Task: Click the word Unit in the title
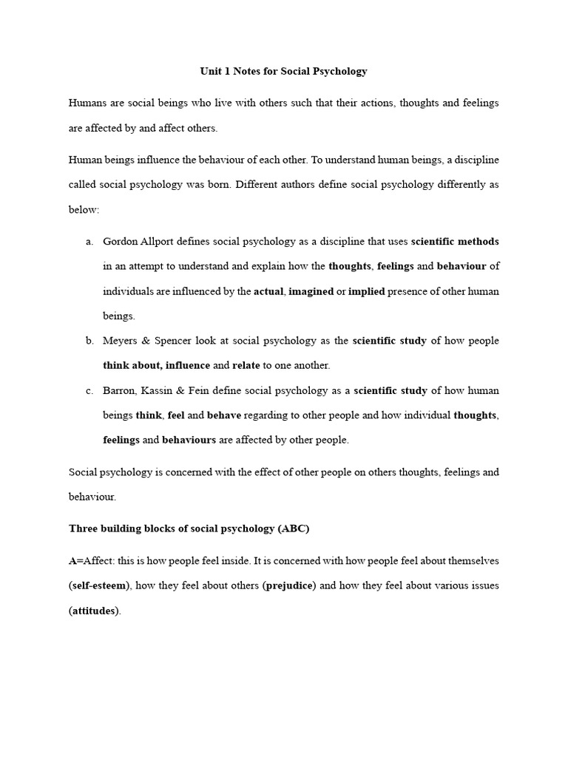pyautogui.click(x=211, y=72)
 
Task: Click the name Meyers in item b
pyautogui.click(x=121, y=341)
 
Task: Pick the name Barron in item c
pyautogui.click(x=120, y=390)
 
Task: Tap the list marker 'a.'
pyautogui.click(x=89, y=241)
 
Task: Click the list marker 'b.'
pyautogui.click(x=89, y=341)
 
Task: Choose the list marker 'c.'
pyautogui.click(x=89, y=390)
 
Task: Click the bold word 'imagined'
pyautogui.click(x=311, y=291)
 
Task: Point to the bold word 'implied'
pyautogui.click(x=367, y=291)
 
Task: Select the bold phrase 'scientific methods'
pyautogui.click(x=455, y=241)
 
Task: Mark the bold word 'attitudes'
pyautogui.click(x=94, y=611)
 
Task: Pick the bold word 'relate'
pyautogui.click(x=247, y=365)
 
